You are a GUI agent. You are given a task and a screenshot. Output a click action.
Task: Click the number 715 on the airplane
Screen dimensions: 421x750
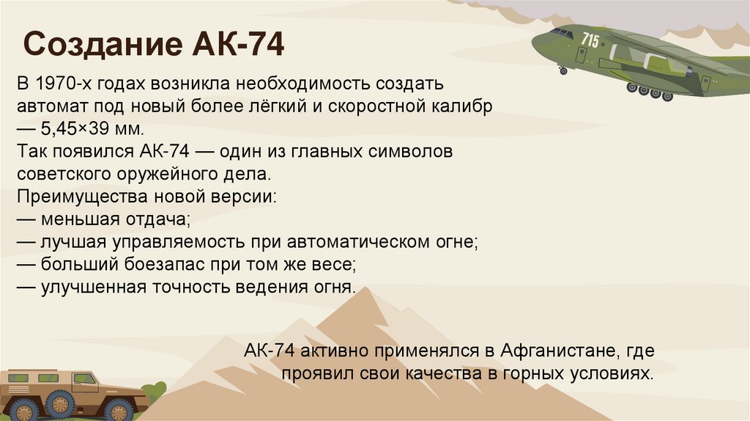pyautogui.click(x=590, y=40)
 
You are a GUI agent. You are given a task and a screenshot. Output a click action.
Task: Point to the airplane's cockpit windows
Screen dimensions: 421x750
pyautogui.click(x=562, y=33)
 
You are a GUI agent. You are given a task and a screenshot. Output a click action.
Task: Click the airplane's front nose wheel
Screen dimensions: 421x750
pyautogui.click(x=562, y=71)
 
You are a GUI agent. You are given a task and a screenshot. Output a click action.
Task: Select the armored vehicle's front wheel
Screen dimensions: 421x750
pyautogui.click(x=59, y=405)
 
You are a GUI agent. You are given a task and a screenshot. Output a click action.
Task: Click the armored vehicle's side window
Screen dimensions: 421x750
pyautogui.click(x=85, y=379)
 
